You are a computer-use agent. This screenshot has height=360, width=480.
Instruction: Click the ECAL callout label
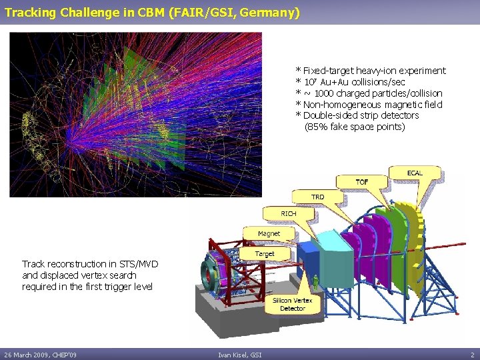pyautogui.click(x=414, y=173)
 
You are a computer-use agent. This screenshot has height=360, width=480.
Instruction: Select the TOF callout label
pyautogui.click(x=361, y=181)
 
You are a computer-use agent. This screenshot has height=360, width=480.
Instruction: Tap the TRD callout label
pyautogui.click(x=318, y=197)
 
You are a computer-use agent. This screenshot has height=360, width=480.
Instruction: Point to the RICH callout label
pyautogui.click(x=288, y=213)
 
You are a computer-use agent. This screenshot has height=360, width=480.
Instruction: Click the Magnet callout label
pyautogui.click(x=269, y=233)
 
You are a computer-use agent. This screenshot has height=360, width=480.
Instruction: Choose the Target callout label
pyautogui.click(x=265, y=254)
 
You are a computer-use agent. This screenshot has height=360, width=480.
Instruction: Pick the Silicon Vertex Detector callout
pyautogui.click(x=293, y=305)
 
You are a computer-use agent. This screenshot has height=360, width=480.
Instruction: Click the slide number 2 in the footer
pyautogui.click(x=472, y=355)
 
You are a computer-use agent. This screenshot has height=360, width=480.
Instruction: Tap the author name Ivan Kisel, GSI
pyautogui.click(x=239, y=355)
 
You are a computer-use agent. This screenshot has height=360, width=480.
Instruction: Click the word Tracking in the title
pyautogui.click(x=27, y=13)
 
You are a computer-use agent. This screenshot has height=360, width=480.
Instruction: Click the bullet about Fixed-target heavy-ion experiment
pyautogui.click(x=371, y=71)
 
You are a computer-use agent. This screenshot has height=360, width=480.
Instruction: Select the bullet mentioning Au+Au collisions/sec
pyautogui.click(x=350, y=82)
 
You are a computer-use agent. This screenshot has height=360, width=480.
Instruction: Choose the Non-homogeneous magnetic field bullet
pyautogui.click(x=369, y=105)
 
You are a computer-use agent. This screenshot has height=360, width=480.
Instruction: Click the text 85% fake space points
pyautogui.click(x=355, y=127)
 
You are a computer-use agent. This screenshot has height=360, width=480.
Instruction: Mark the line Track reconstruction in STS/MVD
pyautogui.click(x=90, y=264)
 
